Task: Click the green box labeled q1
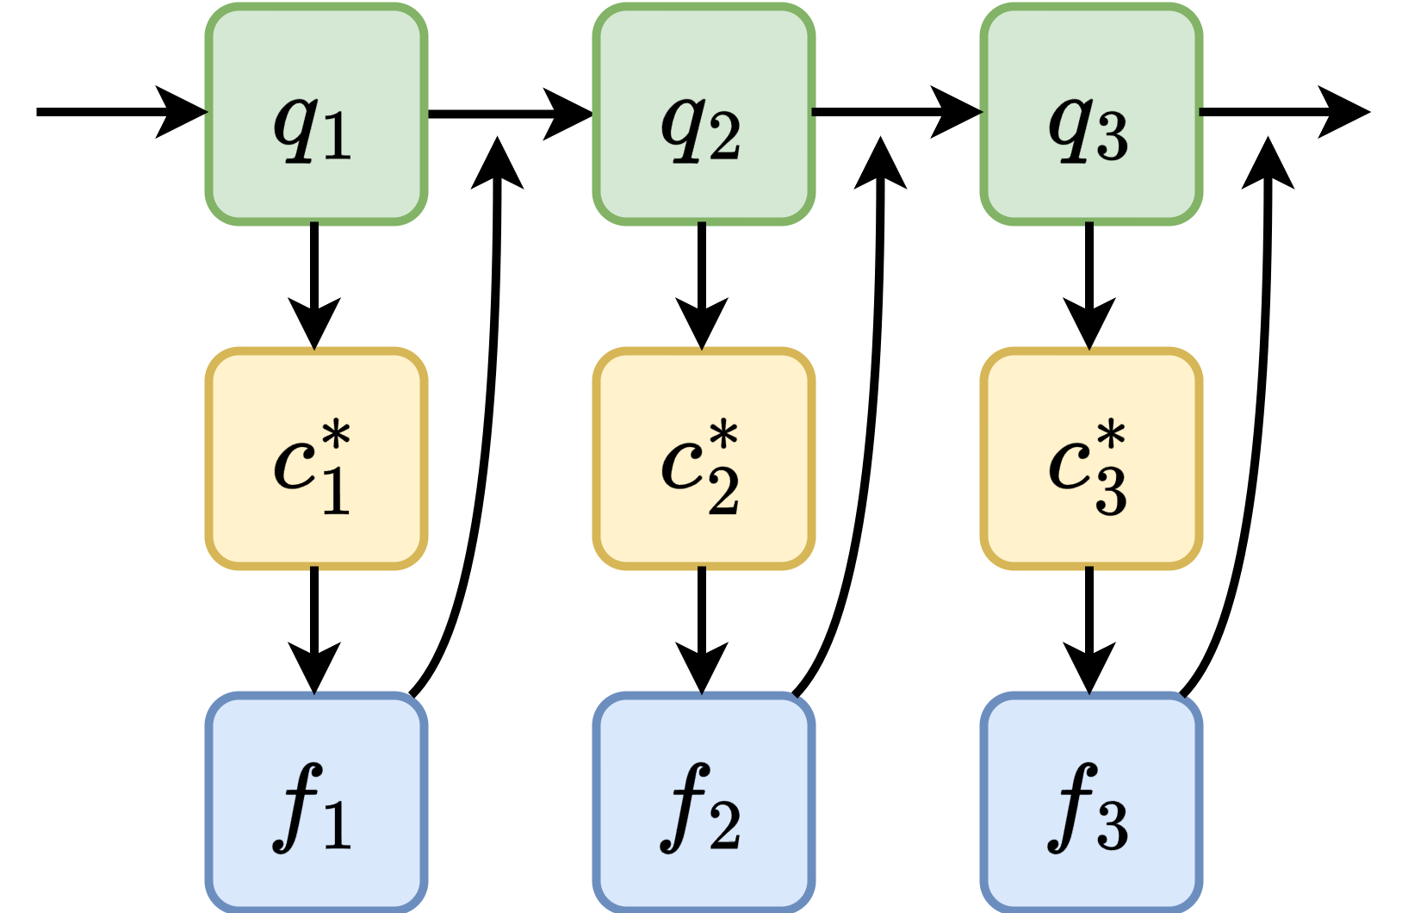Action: [316, 114]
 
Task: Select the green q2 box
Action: [704, 114]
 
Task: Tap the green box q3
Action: [1091, 114]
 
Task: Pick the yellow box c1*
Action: [316, 458]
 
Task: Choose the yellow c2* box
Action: [704, 458]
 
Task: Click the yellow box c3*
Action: [1091, 458]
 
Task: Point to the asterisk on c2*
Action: [723, 436]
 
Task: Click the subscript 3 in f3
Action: [1111, 825]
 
